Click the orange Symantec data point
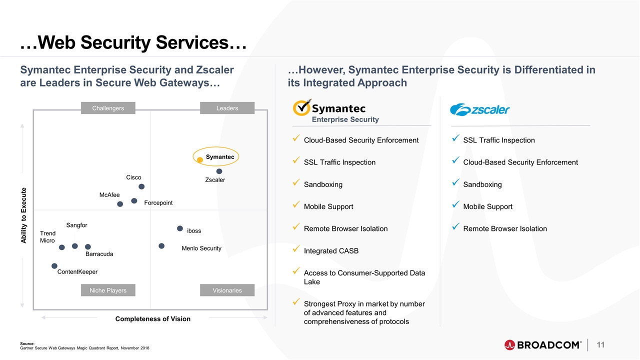coord(199,159)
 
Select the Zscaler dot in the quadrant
coord(219,171)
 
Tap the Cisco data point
coord(141,186)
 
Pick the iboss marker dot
coord(180,228)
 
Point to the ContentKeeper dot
coord(54,266)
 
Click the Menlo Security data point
coord(161,246)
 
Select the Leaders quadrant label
coord(227,108)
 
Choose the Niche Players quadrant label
coord(108,290)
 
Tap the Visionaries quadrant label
coord(227,290)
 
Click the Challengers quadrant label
coord(108,108)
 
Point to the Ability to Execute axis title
coord(23,215)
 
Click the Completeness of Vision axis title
coord(153,319)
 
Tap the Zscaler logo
coord(479,109)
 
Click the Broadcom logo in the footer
coord(543,345)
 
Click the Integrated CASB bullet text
coord(331,251)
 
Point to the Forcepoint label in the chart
coord(158,203)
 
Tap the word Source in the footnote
coord(27,343)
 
